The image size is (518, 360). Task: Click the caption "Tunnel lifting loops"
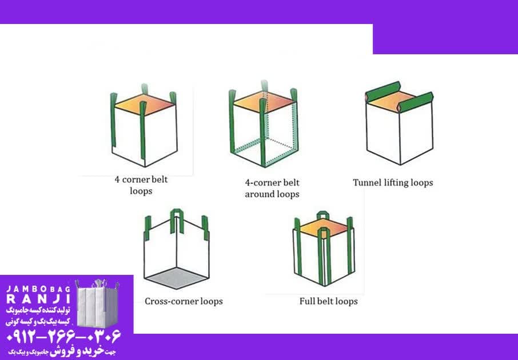[393, 183]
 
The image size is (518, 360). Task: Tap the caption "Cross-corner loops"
[184, 301]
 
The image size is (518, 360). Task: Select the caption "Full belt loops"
[328, 301]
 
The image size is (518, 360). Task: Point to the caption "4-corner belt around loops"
[272, 188]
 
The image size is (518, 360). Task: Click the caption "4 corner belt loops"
[141, 185]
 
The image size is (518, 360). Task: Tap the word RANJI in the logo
[39, 299]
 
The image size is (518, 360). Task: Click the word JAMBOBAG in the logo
[39, 289]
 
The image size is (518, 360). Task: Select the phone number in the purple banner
[63, 337]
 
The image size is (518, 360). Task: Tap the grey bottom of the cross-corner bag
[177, 278]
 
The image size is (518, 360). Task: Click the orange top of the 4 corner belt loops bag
[144, 105]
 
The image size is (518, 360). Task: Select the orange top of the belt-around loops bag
[264, 101]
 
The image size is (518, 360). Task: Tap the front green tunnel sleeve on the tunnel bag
[415, 102]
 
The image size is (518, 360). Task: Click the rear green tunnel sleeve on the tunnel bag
[383, 90]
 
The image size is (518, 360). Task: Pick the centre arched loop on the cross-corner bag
[177, 221]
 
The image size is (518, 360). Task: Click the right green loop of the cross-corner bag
[205, 227]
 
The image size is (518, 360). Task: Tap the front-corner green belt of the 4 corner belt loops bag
[143, 130]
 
